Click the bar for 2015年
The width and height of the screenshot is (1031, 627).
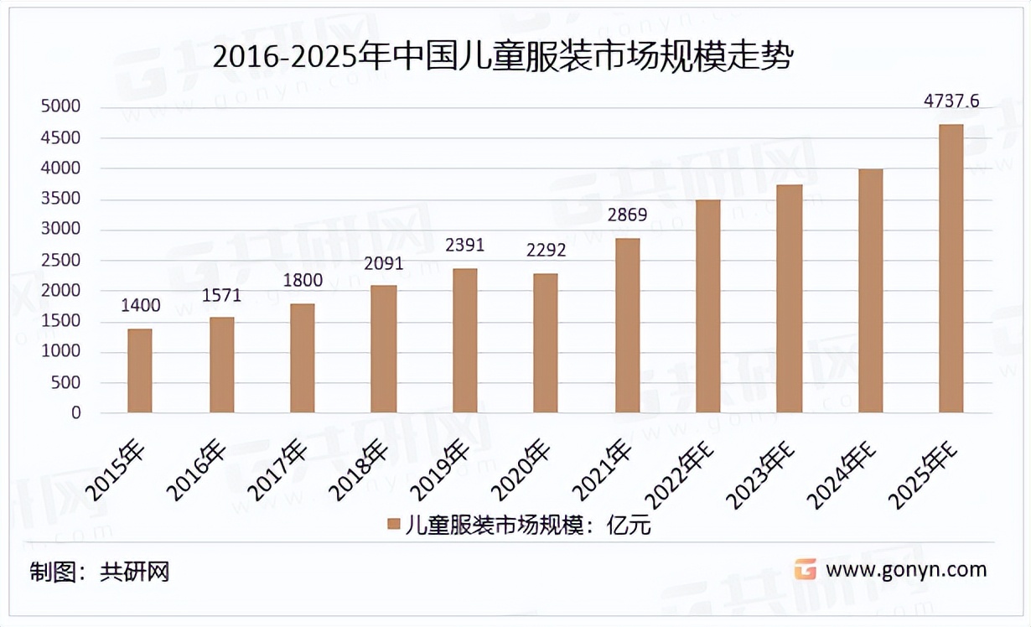click(140, 370)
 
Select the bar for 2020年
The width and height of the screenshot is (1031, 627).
click(546, 343)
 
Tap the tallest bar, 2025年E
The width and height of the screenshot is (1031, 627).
click(951, 268)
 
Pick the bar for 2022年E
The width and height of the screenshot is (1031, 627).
click(708, 306)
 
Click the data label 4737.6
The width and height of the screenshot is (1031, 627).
click(951, 101)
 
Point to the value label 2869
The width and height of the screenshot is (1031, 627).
click(627, 215)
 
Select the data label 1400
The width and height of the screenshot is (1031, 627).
click(140, 305)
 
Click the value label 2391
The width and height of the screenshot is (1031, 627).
click(464, 246)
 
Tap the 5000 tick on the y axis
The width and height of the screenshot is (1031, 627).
click(60, 107)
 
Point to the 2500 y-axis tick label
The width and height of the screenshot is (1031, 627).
click(60, 261)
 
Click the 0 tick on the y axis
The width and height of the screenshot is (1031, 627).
click(75, 413)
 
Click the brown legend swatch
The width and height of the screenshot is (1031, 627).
click(392, 524)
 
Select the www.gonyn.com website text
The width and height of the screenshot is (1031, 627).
click(906, 570)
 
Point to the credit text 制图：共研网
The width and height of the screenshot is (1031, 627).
click(100, 573)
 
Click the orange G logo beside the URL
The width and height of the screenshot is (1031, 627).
click(805, 570)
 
